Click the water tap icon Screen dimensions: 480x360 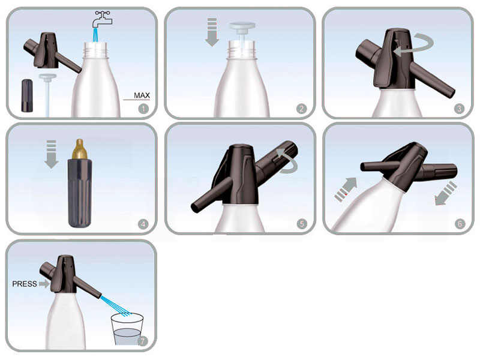pos(103,19)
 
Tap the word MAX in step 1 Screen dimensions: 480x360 pos(142,95)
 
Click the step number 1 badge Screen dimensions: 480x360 pos(143,109)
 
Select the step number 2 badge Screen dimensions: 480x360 pos(302,109)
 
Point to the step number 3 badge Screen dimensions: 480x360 pos(459,109)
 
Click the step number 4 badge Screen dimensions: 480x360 pos(143,224)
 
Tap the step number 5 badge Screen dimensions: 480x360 pos(302,224)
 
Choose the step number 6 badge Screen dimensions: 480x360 pos(460,224)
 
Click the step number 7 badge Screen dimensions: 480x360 pos(143,341)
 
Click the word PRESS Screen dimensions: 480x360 pos(25,284)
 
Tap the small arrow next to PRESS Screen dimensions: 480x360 pos(44,284)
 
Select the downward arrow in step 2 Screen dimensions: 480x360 pos(212,32)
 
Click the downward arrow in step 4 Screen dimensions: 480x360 pos(51,154)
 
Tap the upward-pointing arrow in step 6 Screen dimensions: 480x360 pos(346,189)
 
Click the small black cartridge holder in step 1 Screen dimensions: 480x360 pos(27,95)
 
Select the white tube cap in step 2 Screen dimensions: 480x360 pos(242,26)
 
